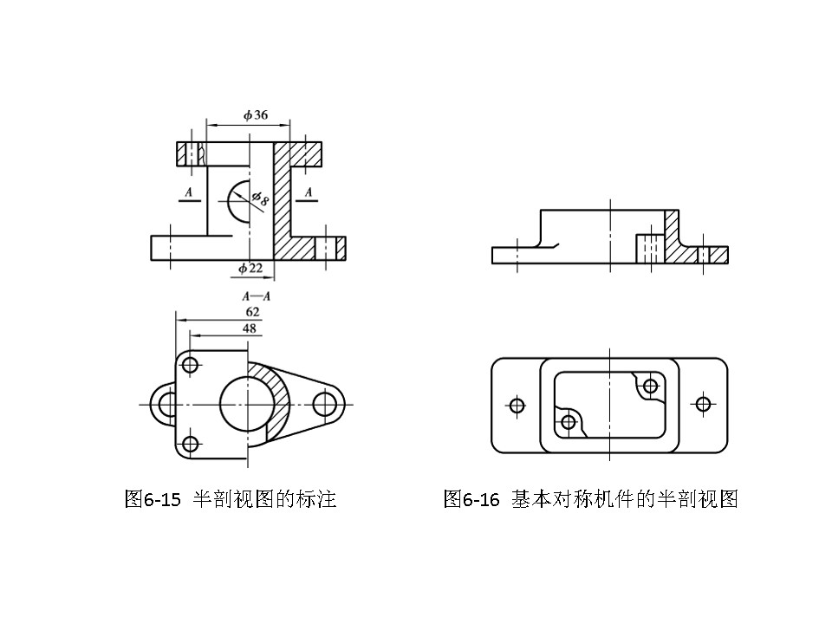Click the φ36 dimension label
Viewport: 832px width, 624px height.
pos(255,115)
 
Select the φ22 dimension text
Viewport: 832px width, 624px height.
pos(250,269)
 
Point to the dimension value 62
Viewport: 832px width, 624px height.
pos(253,310)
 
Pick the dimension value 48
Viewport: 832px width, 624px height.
pos(250,328)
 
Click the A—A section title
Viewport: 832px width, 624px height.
pos(257,296)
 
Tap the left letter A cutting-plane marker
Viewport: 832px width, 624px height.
pos(188,192)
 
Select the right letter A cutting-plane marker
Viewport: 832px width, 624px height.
pos(309,190)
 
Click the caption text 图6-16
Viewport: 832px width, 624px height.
pos(471,500)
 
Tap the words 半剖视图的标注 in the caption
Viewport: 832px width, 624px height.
pos(264,500)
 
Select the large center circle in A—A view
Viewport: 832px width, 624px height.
pos(245,402)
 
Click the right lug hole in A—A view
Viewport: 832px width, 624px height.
pos(325,403)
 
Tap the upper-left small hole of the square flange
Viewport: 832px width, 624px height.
pos(191,364)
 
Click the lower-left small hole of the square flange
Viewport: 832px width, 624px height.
pos(191,445)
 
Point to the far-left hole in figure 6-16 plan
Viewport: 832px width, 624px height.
pos(517,405)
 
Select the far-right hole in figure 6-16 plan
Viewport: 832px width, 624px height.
pos(702,404)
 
